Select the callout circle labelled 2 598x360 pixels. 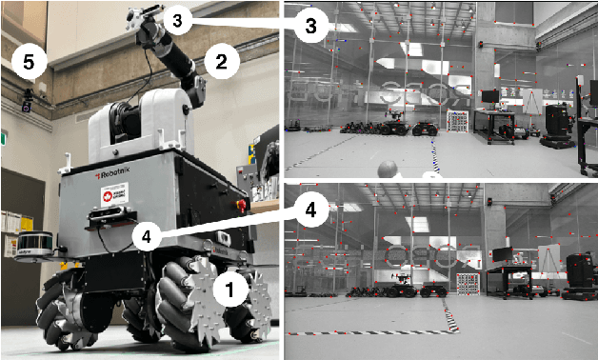[220, 63]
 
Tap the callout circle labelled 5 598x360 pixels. [29, 63]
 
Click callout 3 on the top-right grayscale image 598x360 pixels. [305, 26]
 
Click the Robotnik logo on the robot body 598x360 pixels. [114, 176]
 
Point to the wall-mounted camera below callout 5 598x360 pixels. [27, 98]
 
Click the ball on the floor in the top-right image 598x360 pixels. [388, 170]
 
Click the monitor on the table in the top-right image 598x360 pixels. [488, 96]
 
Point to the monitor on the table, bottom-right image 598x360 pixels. [502, 254]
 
